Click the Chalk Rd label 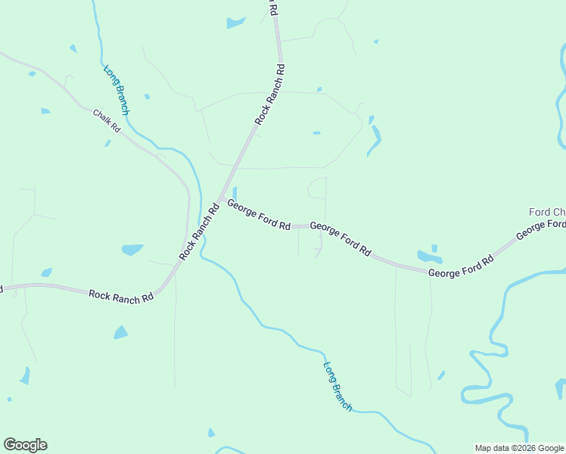(x=107, y=121)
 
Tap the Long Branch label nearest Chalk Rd (x=117, y=89)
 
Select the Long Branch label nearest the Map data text (x=337, y=386)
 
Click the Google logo (x=25, y=445)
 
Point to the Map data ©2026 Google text (x=519, y=448)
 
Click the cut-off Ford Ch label (x=546, y=211)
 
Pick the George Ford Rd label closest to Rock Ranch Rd (x=259, y=215)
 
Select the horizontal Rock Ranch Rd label (x=121, y=296)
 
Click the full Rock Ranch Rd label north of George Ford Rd (x=270, y=94)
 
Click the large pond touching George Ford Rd (x=429, y=257)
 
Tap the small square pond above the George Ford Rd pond (x=434, y=247)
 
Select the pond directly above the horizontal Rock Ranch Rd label (x=132, y=249)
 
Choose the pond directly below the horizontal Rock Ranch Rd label (x=120, y=331)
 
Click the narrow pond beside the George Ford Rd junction (x=235, y=194)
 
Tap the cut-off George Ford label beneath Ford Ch (x=542, y=230)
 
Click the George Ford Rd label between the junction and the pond (x=341, y=238)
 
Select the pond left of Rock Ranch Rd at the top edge (x=235, y=23)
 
